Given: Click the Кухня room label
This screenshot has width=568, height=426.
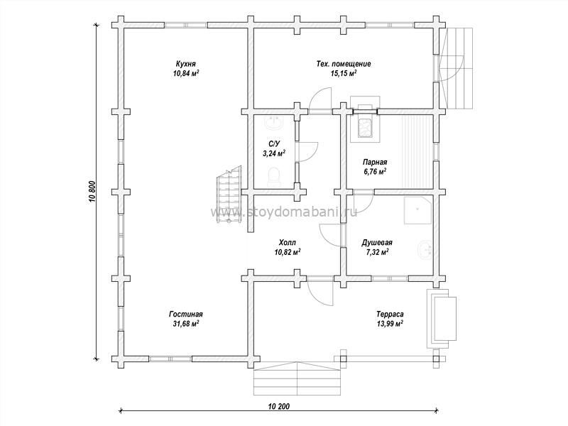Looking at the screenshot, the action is coord(186,64).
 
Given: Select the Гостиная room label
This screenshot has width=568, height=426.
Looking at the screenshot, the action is coord(186,314).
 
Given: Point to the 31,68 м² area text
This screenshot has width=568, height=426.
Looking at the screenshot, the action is coord(186,324).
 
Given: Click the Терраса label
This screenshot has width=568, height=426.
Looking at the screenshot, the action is coord(390,315).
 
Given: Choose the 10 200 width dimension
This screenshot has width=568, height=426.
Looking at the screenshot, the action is coord(279,405).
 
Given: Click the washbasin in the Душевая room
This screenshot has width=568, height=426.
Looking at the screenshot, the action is coord(425,249).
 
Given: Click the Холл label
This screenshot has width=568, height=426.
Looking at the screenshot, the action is coord(288,242).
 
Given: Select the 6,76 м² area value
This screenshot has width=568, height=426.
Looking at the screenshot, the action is coord(375,172).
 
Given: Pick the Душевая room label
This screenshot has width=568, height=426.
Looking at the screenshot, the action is coord(377,242).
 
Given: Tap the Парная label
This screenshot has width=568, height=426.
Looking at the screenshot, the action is coord(375,163).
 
